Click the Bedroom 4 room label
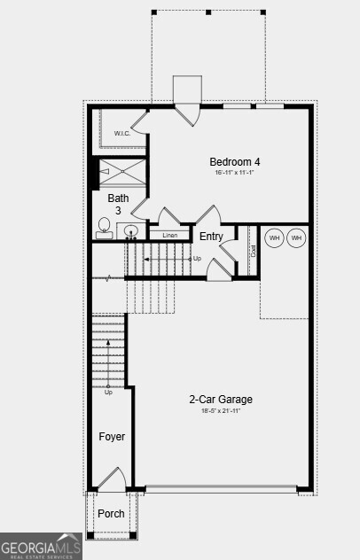pos(235,161)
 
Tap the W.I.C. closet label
pos(122,134)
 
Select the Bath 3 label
pos(118,204)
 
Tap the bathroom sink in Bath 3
pos(130,232)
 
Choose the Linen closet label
pos(170,236)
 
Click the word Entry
pos(211,237)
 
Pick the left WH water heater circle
pos(274,237)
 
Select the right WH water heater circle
pos(296,237)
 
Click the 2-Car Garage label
pos(221,400)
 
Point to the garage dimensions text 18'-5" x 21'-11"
pos(221,411)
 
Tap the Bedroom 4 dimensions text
pos(235,173)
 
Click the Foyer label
pos(112,437)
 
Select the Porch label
pos(111,514)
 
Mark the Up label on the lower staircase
pos(108,392)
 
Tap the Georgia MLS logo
pos(41,546)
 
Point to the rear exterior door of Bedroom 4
pos(187,113)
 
